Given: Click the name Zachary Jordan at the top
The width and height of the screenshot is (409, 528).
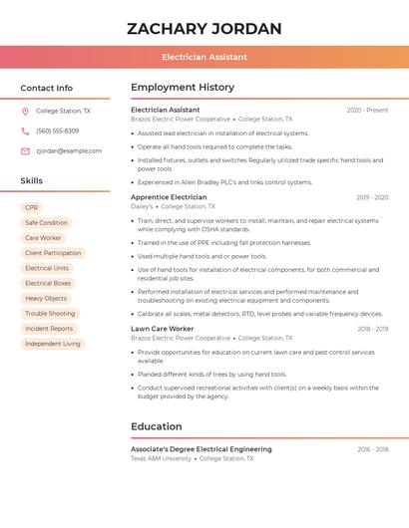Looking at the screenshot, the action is [x=204, y=28].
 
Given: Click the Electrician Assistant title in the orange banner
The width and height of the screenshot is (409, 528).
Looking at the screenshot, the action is [x=204, y=57].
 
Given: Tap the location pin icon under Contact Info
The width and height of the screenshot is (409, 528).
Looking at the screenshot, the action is [x=25, y=112].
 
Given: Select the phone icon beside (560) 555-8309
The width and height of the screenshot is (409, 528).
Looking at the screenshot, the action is [x=25, y=132].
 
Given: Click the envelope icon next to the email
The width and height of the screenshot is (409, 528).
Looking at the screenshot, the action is [x=25, y=151].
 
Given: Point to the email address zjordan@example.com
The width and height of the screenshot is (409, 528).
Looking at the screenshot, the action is [x=69, y=151].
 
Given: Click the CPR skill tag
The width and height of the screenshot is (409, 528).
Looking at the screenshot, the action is [x=31, y=207].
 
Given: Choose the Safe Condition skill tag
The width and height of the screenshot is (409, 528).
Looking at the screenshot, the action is [x=46, y=223].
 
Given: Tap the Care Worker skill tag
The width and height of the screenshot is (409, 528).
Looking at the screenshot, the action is [x=43, y=238].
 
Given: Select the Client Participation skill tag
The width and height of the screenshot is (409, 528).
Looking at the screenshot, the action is [x=53, y=253].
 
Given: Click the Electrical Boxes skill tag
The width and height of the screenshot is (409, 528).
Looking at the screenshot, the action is [x=47, y=283].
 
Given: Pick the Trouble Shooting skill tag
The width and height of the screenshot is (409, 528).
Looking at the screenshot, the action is [x=50, y=313].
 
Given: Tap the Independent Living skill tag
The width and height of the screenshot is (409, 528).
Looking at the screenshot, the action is [x=53, y=344].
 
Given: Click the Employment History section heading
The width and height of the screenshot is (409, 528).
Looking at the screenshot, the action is [x=183, y=88].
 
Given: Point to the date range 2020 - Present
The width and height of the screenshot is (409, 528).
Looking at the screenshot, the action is [x=367, y=110].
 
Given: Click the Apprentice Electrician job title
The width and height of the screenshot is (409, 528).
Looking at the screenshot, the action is [x=169, y=197].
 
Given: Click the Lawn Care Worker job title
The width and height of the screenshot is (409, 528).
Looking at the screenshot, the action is [x=162, y=329].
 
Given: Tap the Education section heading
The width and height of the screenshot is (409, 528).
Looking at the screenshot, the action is [x=157, y=426].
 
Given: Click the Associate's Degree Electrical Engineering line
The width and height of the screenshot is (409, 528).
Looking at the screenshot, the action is [x=201, y=449].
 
